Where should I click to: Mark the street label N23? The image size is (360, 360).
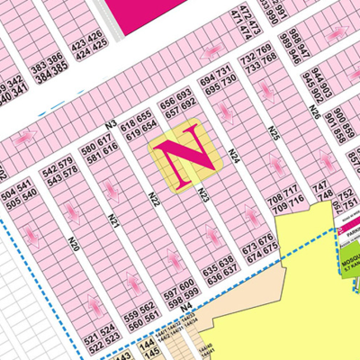(203, 195)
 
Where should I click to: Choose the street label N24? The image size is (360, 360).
(232, 159)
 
